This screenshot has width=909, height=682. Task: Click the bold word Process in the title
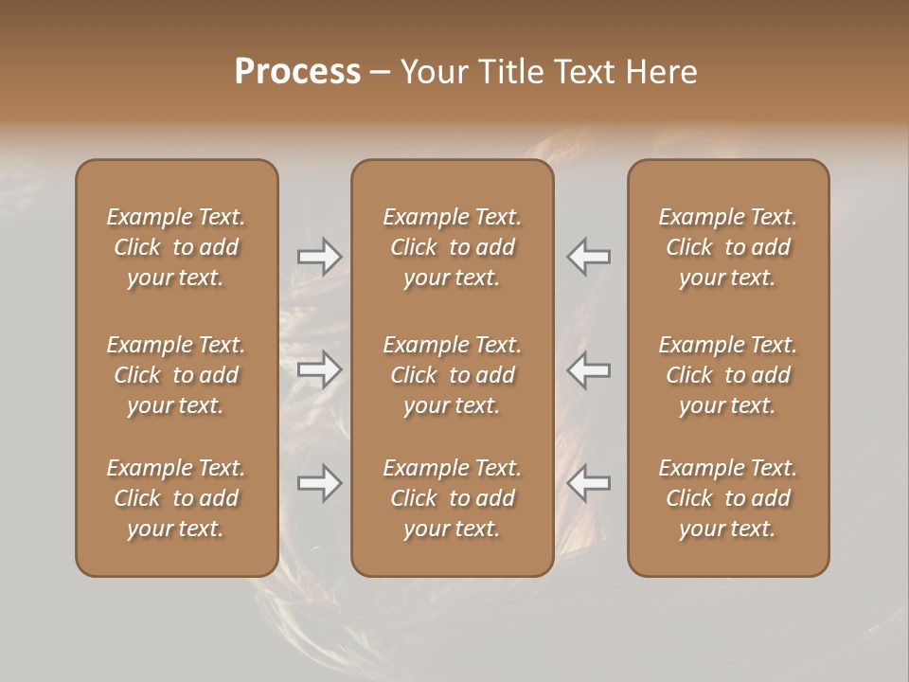tap(297, 72)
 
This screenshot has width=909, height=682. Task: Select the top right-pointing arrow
tap(319, 256)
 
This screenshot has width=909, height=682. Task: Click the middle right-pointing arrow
tap(319, 369)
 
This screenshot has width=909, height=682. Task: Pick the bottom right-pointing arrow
tap(319, 483)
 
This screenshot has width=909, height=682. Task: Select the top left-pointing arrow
tap(589, 256)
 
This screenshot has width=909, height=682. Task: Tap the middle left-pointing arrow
tap(589, 369)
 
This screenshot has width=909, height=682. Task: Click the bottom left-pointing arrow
tap(589, 483)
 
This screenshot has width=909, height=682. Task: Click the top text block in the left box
tap(176, 247)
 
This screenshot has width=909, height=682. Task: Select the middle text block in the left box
tap(176, 375)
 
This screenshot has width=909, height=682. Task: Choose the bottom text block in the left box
tap(176, 498)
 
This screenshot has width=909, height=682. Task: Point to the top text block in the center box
tap(452, 247)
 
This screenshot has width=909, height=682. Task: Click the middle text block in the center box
tap(452, 375)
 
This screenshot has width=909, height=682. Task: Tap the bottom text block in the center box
tap(452, 498)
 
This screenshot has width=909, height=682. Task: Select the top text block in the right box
tap(727, 247)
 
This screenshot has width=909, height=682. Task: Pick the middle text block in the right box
tap(727, 375)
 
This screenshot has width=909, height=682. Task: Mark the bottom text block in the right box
tap(727, 498)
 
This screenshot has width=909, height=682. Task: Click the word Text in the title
tap(581, 72)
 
